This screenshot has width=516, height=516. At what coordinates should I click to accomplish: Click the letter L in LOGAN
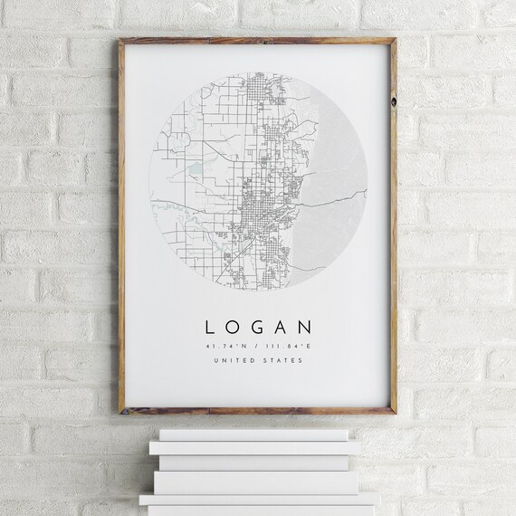pyautogui.click(x=210, y=326)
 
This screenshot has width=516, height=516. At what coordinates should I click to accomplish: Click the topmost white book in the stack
pyautogui.click(x=247, y=435)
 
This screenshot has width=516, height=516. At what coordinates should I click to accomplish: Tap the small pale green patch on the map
pyautogui.click(x=196, y=167)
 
